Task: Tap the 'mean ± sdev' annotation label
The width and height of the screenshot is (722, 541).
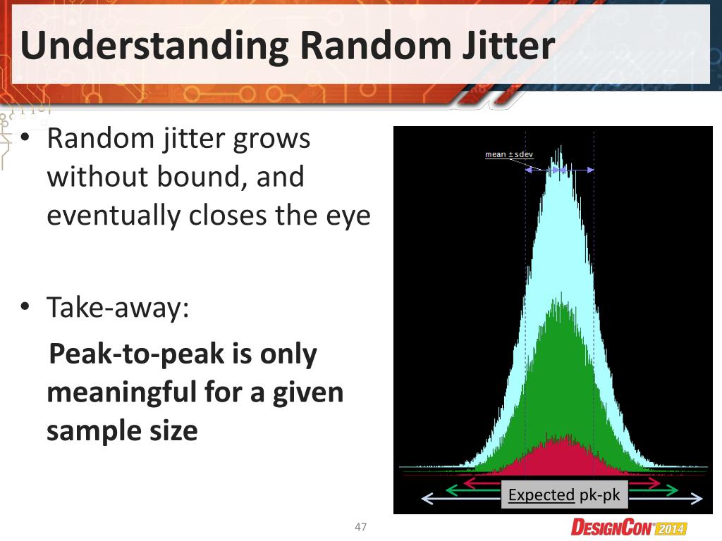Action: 508,154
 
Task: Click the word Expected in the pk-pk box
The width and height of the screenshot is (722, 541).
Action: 541,495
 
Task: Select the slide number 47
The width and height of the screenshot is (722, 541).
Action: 361,527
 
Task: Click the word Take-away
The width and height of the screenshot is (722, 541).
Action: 118,308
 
